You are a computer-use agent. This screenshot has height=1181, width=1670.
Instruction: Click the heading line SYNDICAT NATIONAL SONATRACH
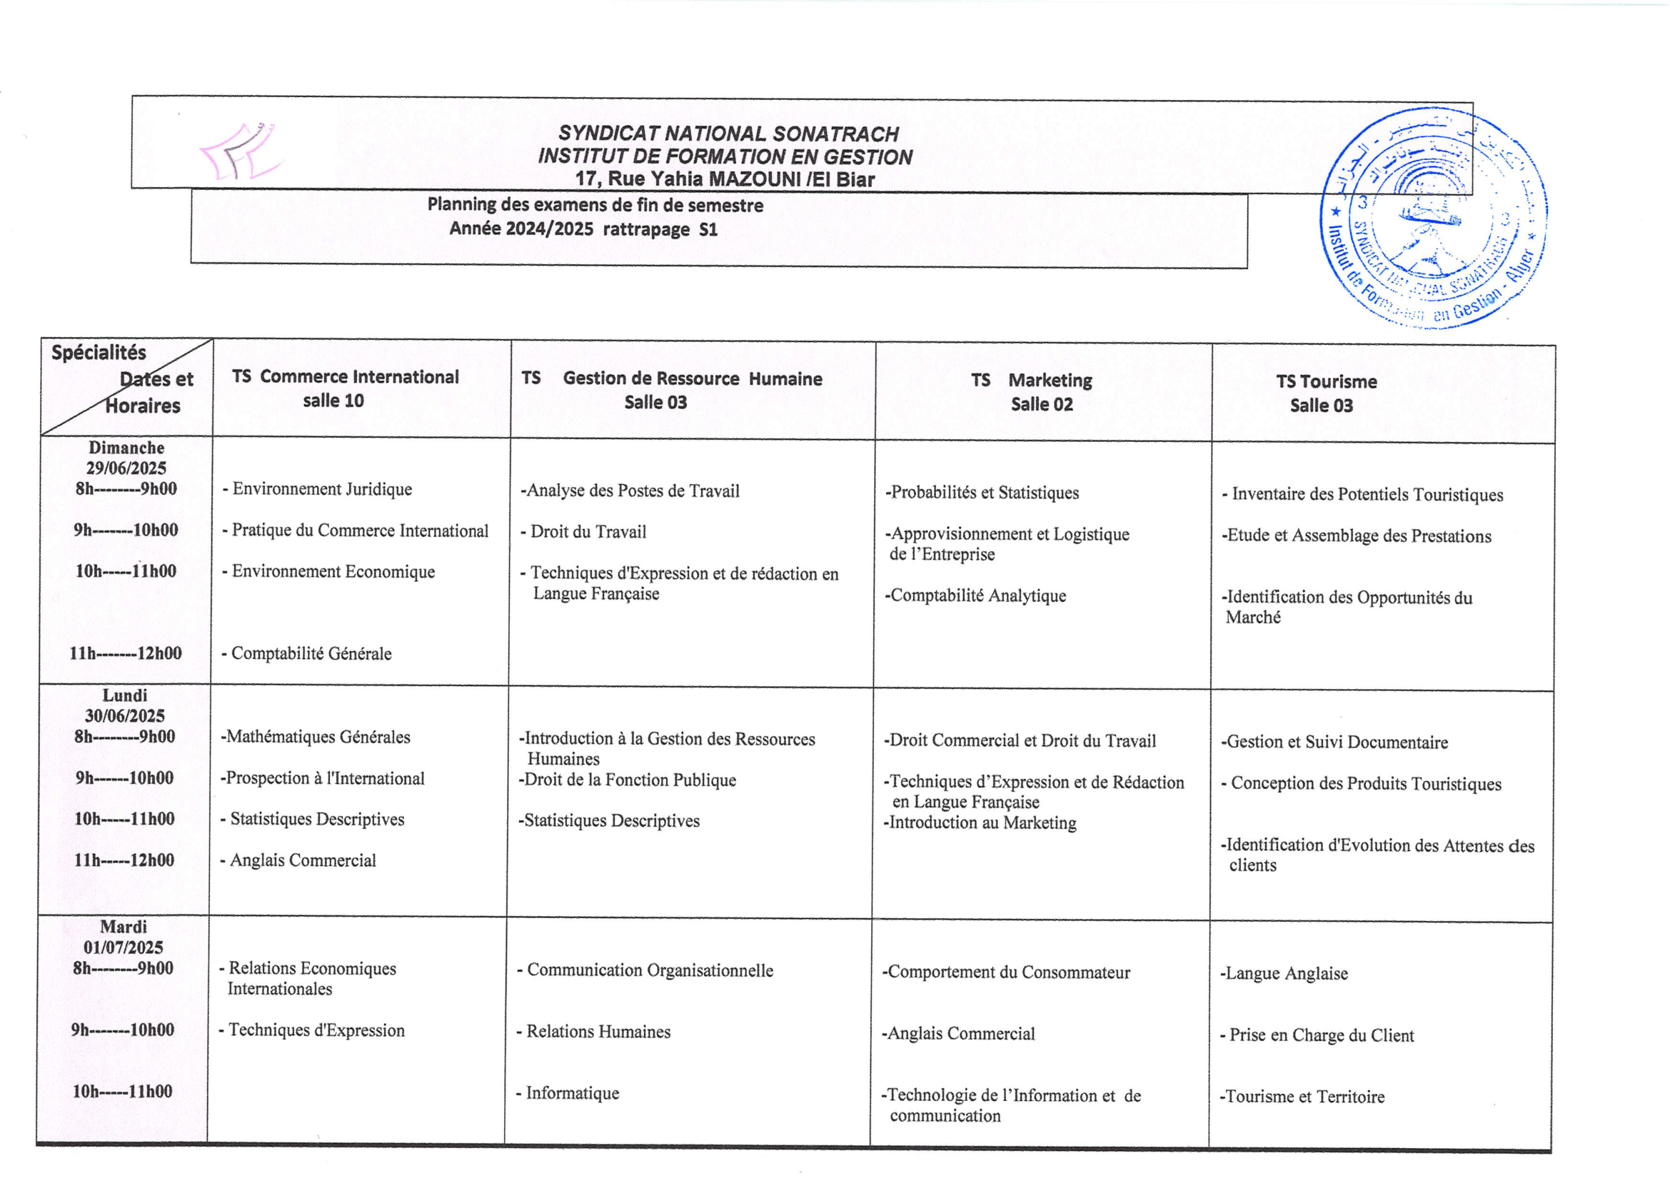click(728, 134)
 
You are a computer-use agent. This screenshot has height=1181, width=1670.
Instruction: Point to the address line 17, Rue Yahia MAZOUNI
click(725, 179)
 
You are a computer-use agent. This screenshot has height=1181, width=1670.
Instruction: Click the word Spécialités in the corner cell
click(99, 353)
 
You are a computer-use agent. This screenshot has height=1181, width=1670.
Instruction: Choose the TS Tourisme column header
click(1326, 382)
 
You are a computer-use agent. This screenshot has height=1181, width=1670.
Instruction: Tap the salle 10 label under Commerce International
click(333, 401)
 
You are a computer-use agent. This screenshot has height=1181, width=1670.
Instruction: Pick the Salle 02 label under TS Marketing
click(1042, 404)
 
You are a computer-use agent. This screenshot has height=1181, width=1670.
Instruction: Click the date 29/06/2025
click(126, 468)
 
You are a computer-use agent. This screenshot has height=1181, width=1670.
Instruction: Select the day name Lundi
click(124, 696)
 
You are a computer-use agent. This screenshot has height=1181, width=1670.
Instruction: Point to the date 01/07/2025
click(123, 948)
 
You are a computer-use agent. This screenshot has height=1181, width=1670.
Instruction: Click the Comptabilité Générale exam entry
click(311, 654)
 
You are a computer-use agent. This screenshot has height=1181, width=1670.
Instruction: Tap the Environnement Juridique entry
click(321, 489)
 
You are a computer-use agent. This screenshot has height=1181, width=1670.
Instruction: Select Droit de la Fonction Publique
click(629, 780)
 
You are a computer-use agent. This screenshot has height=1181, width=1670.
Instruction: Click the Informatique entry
click(572, 1093)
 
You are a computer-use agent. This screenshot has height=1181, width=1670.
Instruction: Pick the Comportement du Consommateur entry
click(1008, 973)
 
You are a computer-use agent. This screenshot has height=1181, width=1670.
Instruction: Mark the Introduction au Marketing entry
click(982, 823)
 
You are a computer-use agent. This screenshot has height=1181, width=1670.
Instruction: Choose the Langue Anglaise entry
click(1286, 974)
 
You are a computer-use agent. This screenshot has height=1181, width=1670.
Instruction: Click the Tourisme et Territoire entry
click(1304, 1097)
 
